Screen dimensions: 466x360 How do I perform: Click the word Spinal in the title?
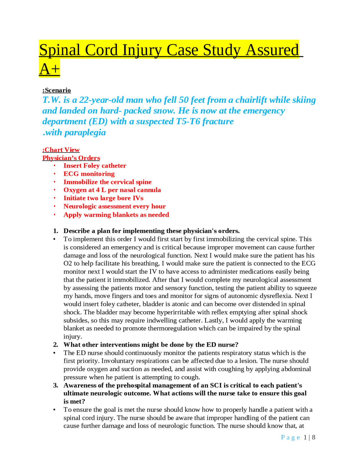click(x=60, y=50)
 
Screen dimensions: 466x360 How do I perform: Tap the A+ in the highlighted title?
click(x=49, y=69)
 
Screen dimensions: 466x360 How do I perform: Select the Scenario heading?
click(x=57, y=90)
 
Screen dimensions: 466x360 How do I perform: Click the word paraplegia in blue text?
click(x=85, y=133)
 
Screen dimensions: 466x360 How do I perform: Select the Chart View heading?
click(x=61, y=150)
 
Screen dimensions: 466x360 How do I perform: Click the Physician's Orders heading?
click(x=71, y=158)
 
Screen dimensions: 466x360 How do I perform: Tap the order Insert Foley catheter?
click(x=95, y=166)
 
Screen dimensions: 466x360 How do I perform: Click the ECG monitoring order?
click(x=89, y=174)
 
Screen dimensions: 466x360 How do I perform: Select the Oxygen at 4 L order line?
click(x=112, y=190)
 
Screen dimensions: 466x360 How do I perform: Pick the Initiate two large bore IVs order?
click(x=103, y=198)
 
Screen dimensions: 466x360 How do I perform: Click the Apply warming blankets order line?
click(x=116, y=215)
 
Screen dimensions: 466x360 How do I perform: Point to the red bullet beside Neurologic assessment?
click(x=55, y=207)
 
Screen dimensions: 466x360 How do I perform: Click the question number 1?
click(x=55, y=231)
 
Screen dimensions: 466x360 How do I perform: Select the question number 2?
click(x=55, y=345)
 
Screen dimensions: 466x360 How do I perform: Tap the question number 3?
click(x=55, y=386)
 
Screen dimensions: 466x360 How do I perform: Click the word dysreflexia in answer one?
click(x=280, y=296)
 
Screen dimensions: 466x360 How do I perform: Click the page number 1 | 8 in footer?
click(x=309, y=437)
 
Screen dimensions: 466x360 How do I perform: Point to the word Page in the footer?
click(x=290, y=437)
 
